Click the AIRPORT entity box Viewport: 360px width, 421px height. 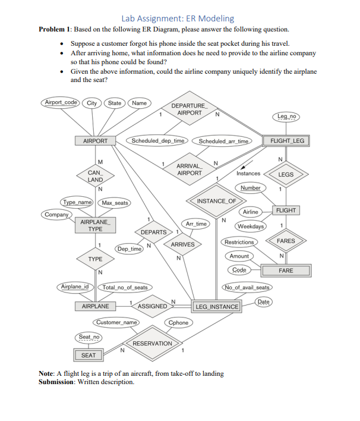95,141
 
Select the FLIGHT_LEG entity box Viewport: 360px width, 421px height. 287,141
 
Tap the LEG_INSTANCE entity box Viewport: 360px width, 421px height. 216,307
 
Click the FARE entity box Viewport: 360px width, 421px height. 286,271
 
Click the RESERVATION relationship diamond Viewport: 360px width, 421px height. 153,344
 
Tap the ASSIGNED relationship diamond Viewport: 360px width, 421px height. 153,306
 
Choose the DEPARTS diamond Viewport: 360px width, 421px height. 153,231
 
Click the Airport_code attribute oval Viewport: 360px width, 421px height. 61,103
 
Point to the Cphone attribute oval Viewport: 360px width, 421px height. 178,322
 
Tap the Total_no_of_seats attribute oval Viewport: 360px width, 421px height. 125,288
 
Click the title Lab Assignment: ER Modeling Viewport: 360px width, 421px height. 178,18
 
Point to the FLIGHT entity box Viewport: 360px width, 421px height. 286,211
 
